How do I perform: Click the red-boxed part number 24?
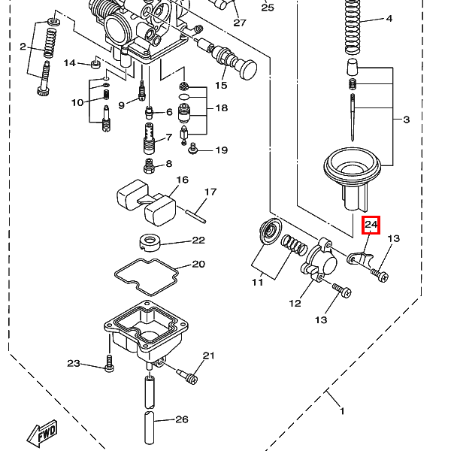[x=371, y=225]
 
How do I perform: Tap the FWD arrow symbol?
[x=42, y=434]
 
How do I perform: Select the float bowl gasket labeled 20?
[x=147, y=277]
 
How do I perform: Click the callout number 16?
[x=182, y=180]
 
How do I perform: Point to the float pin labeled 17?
[x=195, y=216]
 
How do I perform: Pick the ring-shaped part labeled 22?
[x=150, y=243]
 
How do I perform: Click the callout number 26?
[x=182, y=419]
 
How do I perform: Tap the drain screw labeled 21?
[x=187, y=376]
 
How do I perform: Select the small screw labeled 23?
[x=109, y=364]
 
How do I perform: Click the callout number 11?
[x=257, y=283]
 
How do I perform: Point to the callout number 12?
[x=295, y=303]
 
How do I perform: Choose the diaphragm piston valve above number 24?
[x=353, y=178]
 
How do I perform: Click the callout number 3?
[x=406, y=119]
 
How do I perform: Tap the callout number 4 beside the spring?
[x=389, y=19]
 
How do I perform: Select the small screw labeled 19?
[x=193, y=149]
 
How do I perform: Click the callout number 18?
[x=222, y=107]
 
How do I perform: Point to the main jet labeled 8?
[x=149, y=166]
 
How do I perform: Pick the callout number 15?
[x=221, y=85]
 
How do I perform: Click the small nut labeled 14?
[x=96, y=64]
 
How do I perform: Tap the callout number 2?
[x=23, y=47]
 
